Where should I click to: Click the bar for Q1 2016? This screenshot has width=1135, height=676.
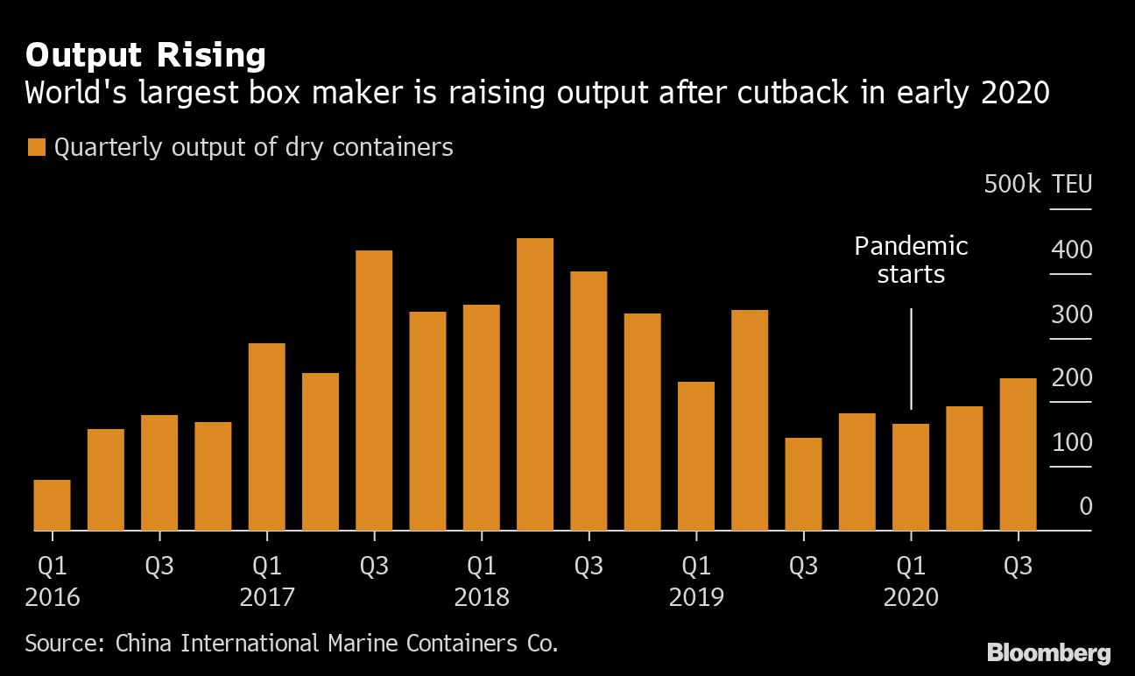tap(52, 505)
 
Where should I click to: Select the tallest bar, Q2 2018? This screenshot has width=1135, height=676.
tap(535, 384)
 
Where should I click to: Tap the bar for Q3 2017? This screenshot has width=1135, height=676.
tap(374, 391)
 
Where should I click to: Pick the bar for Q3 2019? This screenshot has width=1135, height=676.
tap(803, 484)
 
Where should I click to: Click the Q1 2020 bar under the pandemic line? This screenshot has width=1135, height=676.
tap(911, 477)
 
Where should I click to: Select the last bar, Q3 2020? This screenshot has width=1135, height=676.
tap(1018, 454)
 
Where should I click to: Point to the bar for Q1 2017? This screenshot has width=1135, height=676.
tap(266, 437)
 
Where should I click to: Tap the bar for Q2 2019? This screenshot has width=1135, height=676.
tap(750, 420)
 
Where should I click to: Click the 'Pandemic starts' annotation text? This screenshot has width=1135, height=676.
tap(911, 260)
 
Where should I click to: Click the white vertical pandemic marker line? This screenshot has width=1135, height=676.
tap(911, 358)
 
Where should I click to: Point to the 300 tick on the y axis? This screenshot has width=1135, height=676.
tap(1071, 313)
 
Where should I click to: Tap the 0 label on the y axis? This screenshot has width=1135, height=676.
tap(1085, 506)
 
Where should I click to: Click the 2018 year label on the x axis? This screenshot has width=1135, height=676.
tap(482, 598)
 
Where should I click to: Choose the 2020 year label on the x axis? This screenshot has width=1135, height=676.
tap(911, 598)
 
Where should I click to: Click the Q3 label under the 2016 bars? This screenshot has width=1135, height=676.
tap(159, 567)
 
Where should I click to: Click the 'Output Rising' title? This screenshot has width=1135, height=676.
tap(145, 55)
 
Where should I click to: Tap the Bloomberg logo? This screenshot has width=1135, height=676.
tap(1048, 652)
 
